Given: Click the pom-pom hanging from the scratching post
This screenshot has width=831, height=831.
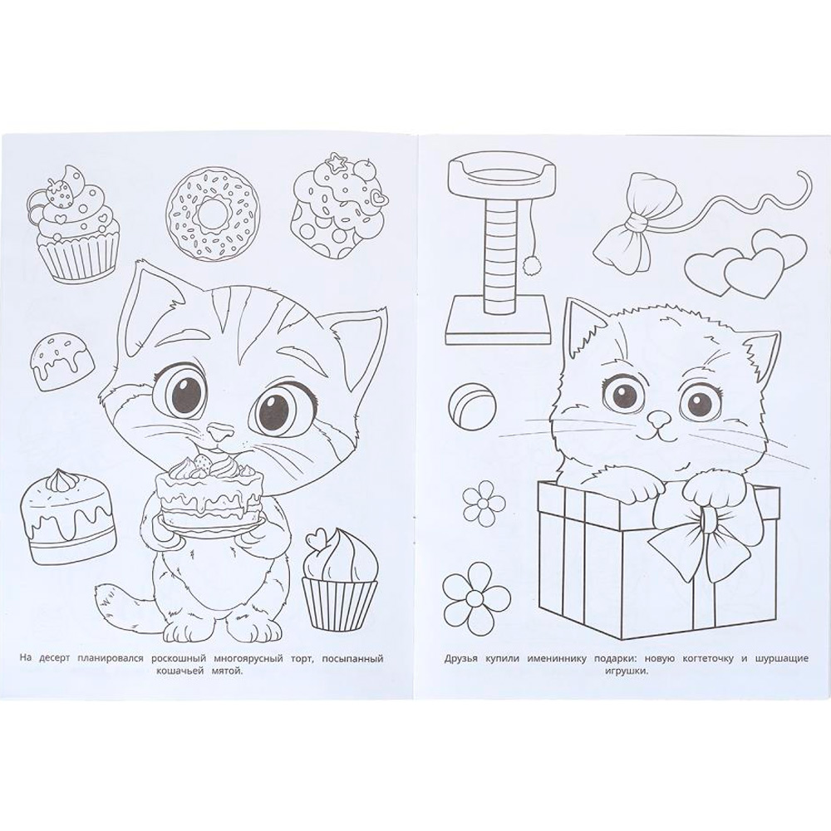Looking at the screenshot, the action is click(528, 263).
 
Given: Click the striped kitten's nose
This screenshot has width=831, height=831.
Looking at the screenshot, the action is click(219, 431).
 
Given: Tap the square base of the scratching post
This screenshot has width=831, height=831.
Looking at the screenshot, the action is click(496, 321).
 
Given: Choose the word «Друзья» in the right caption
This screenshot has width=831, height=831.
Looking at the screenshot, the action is click(461, 659).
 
